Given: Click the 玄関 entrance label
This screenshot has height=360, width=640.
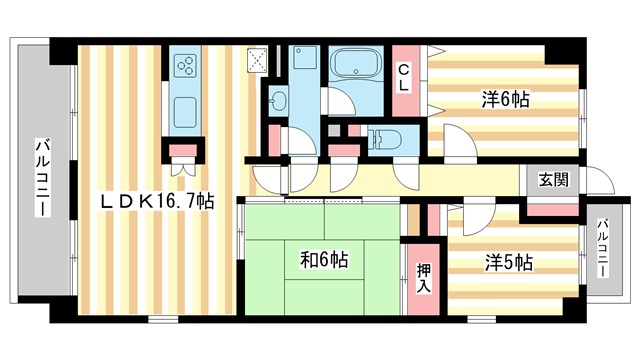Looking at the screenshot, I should click(553, 181).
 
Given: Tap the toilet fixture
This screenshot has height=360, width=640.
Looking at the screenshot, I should click(386, 138).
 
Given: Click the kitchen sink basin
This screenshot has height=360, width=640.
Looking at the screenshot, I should click(186, 108).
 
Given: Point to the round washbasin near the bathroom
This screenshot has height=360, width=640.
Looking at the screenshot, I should click(278, 100).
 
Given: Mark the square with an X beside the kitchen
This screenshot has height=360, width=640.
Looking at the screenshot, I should click(259, 59).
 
